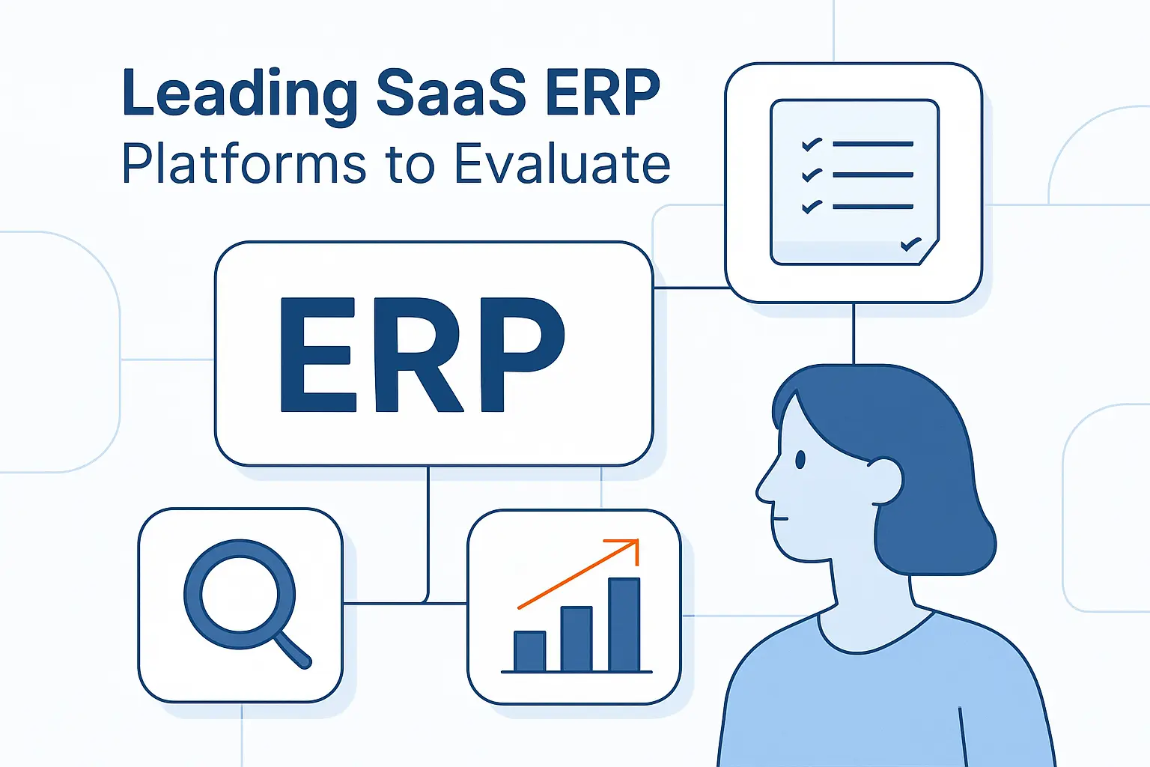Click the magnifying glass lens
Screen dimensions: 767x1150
coord(240,595)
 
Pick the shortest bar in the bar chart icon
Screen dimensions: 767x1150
coord(529,651)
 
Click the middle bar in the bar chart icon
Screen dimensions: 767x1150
coord(576,638)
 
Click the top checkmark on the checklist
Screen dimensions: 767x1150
coord(812,144)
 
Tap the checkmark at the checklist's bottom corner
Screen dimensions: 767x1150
coord(910,243)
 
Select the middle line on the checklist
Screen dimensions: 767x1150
coord(872,175)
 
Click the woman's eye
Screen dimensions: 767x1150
coord(800,458)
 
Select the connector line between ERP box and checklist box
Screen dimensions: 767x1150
coord(690,288)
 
